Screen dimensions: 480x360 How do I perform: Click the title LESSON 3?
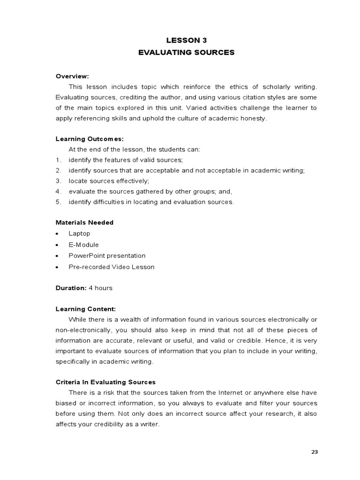186,40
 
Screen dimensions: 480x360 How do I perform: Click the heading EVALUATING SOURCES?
186,52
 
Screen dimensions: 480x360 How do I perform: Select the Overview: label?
72,76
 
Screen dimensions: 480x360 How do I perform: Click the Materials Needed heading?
84,222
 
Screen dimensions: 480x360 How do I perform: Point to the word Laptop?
79,233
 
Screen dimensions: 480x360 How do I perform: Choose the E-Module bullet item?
83,245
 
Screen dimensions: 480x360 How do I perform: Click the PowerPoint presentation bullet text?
107,256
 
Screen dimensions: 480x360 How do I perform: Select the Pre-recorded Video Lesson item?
111,267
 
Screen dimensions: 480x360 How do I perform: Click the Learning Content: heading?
85,309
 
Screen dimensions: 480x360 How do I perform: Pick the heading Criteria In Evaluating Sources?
105,382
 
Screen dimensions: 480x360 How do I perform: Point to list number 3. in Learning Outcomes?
58,180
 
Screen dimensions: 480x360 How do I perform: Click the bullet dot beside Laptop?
57,233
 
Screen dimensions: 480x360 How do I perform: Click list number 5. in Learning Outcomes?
58,202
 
